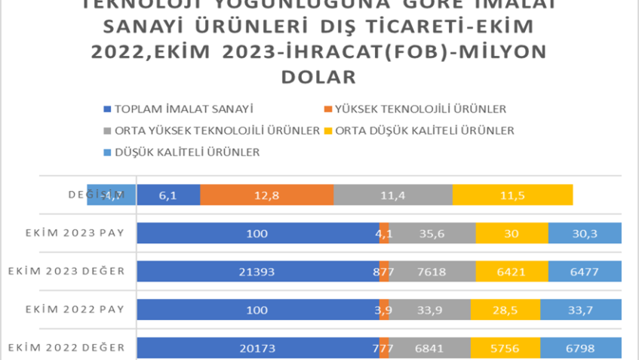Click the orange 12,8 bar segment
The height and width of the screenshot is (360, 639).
coord(266,195)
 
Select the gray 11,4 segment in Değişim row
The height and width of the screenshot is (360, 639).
coord(392,195)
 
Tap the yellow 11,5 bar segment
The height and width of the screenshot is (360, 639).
coord(512,195)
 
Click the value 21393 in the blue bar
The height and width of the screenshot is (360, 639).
coord(258,271)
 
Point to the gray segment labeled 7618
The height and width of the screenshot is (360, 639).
coord(432,271)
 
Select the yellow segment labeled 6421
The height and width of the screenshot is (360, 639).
coord(512,271)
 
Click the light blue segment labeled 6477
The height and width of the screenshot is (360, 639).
coord(585,271)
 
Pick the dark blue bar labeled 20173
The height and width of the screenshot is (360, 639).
coord(258,348)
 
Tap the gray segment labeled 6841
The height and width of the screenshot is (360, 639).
coord(429,348)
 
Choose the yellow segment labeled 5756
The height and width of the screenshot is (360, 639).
coord(505,348)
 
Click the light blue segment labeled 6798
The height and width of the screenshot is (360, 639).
coord(581,348)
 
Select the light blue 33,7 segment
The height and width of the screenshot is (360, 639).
coord(581,309)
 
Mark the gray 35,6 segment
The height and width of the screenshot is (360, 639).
coord(432,233)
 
